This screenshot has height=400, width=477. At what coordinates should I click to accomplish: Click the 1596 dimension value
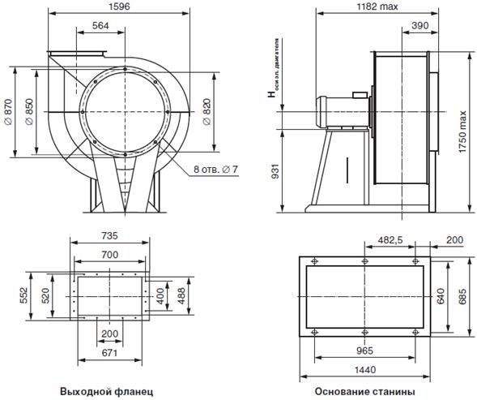pyautogui.click(x=119, y=6)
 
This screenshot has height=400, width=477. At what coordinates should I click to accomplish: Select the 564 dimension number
pyautogui.click(x=100, y=26)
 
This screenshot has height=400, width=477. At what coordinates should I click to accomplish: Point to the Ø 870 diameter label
pyautogui.click(x=8, y=112)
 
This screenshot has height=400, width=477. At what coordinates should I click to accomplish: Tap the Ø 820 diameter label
pyautogui.click(x=207, y=112)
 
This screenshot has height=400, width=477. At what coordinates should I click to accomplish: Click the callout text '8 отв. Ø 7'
pyautogui.click(x=215, y=170)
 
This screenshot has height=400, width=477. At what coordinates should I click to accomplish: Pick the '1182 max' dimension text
pyautogui.click(x=377, y=6)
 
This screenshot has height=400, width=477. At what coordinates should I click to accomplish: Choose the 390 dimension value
pyautogui.click(x=420, y=26)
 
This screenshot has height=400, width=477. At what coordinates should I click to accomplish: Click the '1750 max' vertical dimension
pyautogui.click(x=462, y=131)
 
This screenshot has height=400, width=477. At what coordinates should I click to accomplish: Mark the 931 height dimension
pyautogui.click(x=275, y=171)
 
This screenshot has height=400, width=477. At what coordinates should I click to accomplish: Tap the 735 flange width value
pyautogui.click(x=109, y=235)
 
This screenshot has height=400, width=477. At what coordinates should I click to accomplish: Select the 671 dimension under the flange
pyautogui.click(x=109, y=353)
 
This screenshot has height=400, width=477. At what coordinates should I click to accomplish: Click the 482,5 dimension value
pyautogui.click(x=390, y=240)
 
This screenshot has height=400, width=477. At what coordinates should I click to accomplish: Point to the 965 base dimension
pyautogui.click(x=364, y=351)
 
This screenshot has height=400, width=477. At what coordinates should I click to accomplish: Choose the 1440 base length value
pyautogui.click(x=365, y=370)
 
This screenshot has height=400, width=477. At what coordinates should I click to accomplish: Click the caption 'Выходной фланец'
pyautogui.click(x=106, y=391)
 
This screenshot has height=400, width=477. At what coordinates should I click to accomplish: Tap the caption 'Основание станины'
pyautogui.click(x=365, y=391)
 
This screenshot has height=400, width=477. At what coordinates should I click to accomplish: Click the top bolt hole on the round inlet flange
pyautogui.click(x=125, y=69)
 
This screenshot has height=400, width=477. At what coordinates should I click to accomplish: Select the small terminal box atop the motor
pyautogui.click(x=360, y=95)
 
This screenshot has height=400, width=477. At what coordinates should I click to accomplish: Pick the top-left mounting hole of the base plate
pyautogui.click(x=314, y=261)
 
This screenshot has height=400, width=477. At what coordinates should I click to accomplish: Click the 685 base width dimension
pyautogui.click(x=462, y=296)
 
